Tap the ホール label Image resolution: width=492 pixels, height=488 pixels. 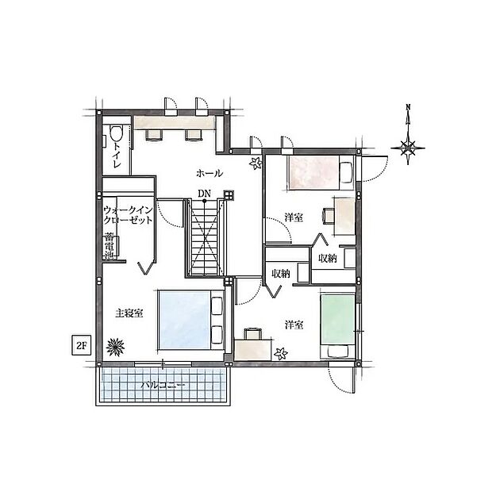209,173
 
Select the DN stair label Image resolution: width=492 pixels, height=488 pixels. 205,192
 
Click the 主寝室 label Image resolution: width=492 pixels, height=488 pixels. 128,313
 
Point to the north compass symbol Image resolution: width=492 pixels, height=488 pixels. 408,145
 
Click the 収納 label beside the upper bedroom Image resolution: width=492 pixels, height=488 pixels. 327,259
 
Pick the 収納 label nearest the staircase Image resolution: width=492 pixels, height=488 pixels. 280,274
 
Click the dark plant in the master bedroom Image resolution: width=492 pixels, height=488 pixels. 117,345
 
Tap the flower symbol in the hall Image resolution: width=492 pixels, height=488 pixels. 256,164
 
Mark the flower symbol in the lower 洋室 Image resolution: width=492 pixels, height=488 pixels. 279,353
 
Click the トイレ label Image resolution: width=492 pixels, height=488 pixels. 117,153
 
